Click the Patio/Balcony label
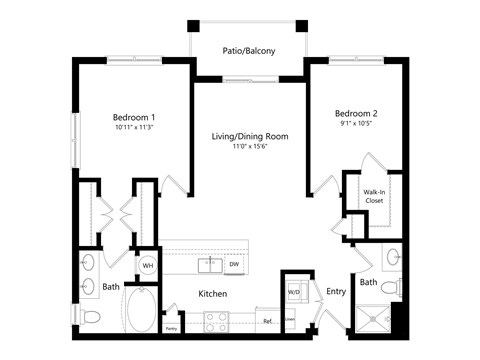[248, 50]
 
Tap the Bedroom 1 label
[133, 117]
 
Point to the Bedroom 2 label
[354, 113]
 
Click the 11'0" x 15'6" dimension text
[249, 148]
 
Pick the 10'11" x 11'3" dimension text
[133, 128]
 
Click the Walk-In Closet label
[374, 195]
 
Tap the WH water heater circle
[147, 266]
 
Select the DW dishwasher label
[232, 266]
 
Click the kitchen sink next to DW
[210, 266]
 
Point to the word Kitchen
[213, 294]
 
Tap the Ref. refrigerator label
[267, 321]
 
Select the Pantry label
[171, 328]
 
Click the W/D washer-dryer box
[295, 292]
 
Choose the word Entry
[335, 292]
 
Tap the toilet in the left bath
[91, 318]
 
